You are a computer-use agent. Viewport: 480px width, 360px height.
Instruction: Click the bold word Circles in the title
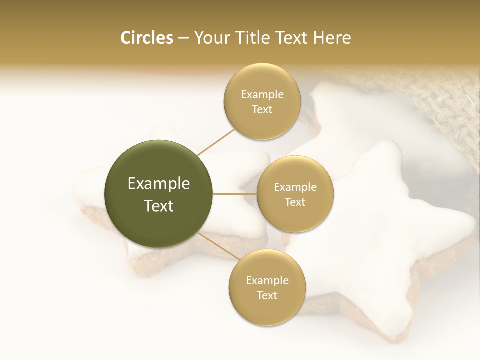click(x=146, y=38)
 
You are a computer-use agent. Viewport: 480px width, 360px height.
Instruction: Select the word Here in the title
click(x=332, y=38)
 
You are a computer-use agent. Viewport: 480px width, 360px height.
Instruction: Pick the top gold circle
click(x=262, y=125)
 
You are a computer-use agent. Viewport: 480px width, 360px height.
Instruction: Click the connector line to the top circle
click(x=216, y=142)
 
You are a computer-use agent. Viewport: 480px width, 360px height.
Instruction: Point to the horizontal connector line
click(x=235, y=194)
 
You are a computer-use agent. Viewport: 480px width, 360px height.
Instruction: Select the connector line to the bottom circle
click(x=219, y=247)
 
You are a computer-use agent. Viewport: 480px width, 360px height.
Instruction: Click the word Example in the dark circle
click(x=159, y=184)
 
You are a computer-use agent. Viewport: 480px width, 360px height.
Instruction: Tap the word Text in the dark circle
click(x=159, y=206)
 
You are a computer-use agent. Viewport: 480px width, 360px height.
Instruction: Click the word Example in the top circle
click(x=262, y=95)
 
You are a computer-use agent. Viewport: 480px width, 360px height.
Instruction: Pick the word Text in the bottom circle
click(x=267, y=295)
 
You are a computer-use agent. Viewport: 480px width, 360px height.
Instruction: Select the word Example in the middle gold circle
click(x=295, y=187)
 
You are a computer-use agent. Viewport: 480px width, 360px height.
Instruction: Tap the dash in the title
click(x=183, y=38)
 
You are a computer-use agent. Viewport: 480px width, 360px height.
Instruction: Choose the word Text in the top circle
click(x=262, y=110)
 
